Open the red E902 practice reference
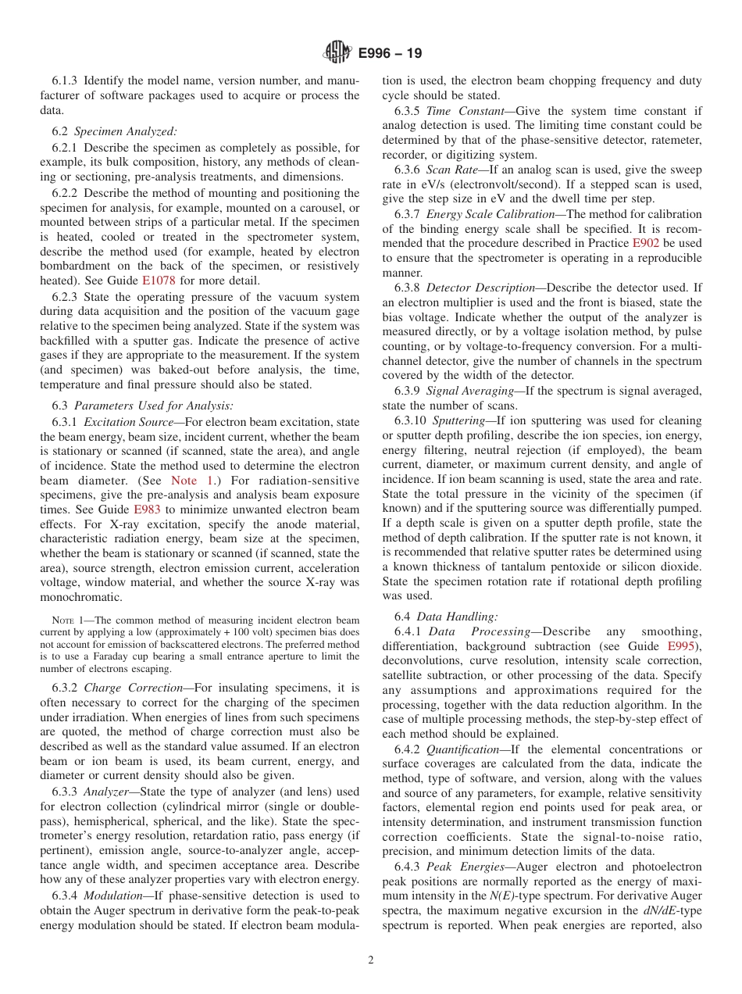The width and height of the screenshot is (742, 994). point(645,243)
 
